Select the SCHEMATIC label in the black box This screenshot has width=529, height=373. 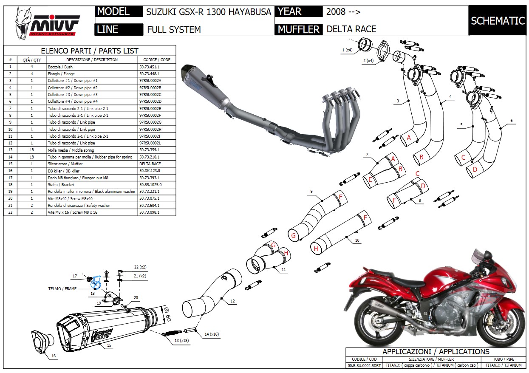[498, 21]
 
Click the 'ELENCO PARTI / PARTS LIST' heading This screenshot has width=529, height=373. [89, 51]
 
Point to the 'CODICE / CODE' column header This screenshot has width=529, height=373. [157, 60]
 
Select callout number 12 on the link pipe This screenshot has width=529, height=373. [232, 301]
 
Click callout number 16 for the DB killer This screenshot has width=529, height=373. [53, 356]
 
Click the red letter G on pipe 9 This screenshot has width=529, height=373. [292, 235]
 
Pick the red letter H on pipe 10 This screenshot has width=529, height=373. [316, 249]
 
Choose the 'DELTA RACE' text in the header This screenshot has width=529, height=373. [351, 29]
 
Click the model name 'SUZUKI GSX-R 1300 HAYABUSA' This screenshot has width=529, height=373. [208, 12]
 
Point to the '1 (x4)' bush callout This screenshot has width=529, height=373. [347, 51]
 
